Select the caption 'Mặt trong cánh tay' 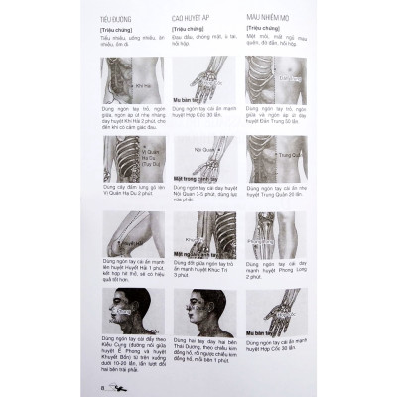click(x=196, y=179)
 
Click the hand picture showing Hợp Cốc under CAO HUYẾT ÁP click(x=203, y=77)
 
